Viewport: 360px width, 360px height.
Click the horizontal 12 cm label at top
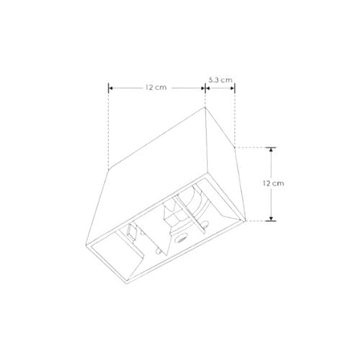point(156,87)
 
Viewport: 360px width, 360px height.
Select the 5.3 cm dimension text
point(220,79)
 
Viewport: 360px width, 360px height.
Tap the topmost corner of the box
point(207,108)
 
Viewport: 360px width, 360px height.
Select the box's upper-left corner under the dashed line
point(109,170)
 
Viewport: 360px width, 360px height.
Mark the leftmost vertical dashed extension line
point(109,130)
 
